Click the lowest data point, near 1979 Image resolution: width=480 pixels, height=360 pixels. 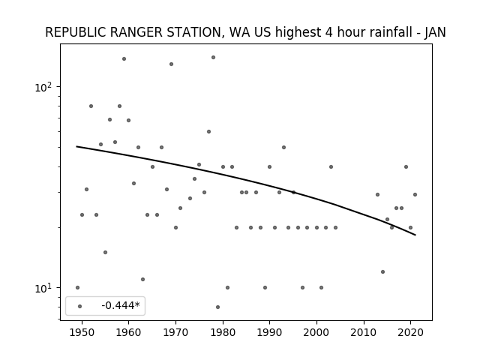tap(217, 307)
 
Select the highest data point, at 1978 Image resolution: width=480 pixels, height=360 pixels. tap(213, 57)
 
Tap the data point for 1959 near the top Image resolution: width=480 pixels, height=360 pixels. tap(124, 58)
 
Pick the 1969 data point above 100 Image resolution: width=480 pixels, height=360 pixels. tap(171, 64)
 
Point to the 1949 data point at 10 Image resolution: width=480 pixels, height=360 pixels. tap(77, 287)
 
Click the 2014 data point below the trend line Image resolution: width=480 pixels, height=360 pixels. tap(382, 271)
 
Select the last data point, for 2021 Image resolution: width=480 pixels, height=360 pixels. tap(415, 194)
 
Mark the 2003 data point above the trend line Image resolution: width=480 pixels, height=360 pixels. tap(331, 166)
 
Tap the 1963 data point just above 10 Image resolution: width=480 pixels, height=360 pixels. tap(142, 279)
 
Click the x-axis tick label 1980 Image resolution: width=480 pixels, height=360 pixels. tap(223, 333)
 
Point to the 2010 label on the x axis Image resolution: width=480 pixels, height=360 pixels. tap(364, 333)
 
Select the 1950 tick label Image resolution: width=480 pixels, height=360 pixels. tap(82, 333)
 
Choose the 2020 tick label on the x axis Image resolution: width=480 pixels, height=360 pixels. tap(411, 333)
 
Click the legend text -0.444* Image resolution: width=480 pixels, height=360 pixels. tap(121, 305)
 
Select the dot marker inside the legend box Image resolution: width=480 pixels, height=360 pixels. tap(80, 306)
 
